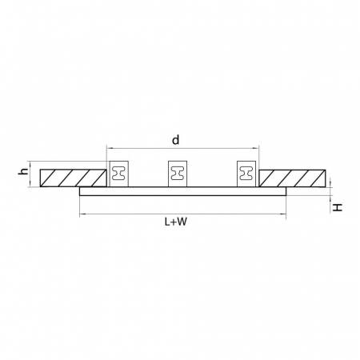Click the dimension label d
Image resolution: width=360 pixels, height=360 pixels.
tap(175, 140)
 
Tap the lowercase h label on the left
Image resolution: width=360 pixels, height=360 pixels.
tap(24, 170)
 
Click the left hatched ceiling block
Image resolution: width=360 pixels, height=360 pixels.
tap(73, 177)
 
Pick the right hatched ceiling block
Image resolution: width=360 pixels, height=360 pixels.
tap(293, 177)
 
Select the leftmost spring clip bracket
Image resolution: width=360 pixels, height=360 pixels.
tap(119, 174)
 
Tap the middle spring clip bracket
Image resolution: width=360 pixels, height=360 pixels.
tap(178, 174)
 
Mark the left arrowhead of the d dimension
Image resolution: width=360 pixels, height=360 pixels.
tap(110, 148)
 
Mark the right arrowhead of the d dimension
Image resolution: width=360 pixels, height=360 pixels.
tap(256, 148)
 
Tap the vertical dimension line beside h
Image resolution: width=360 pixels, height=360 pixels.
tap(34, 177)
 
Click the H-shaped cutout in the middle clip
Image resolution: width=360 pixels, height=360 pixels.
tap(178, 172)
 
